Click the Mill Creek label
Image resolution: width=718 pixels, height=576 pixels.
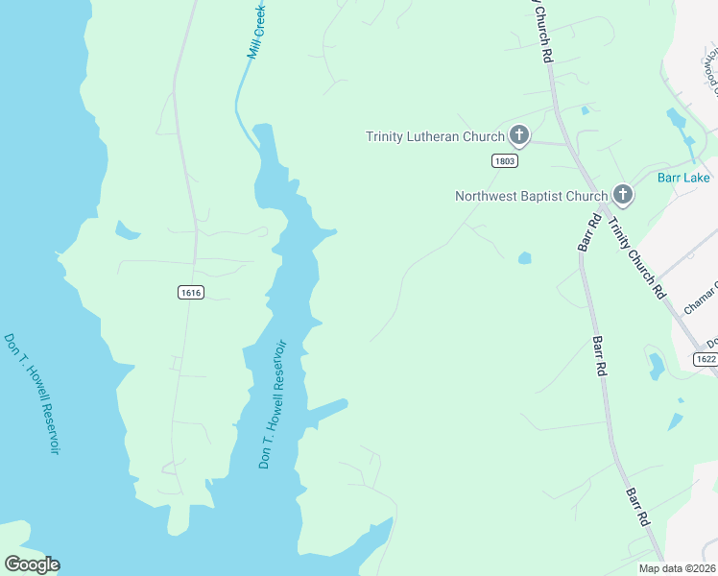pos(256,33)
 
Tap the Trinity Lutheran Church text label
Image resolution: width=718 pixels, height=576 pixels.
pos(435,136)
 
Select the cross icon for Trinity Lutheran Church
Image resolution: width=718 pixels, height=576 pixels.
pos(519,134)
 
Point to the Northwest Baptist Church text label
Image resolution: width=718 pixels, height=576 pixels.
pos(531,197)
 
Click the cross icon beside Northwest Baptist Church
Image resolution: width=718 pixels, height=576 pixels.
pos(622,195)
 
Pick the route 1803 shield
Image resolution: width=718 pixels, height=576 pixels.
pos(505,161)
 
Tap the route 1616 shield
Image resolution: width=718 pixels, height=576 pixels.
pos(190,292)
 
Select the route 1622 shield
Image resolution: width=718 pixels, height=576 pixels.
pos(706,358)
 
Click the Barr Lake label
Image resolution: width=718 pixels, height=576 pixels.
pos(683,178)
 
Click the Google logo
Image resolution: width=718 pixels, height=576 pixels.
pos(32,564)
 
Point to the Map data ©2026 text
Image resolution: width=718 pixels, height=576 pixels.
pos(678,568)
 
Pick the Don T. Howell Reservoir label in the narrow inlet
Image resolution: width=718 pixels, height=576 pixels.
pos(273,403)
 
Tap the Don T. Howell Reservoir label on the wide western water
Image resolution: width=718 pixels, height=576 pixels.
pos(32,394)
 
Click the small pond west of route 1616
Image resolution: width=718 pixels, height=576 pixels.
pos(127,230)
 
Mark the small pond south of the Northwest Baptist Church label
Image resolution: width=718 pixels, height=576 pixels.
pos(524,257)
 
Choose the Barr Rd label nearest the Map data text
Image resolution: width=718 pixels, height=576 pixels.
pos(638,506)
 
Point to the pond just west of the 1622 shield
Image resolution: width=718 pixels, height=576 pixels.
pos(657,365)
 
